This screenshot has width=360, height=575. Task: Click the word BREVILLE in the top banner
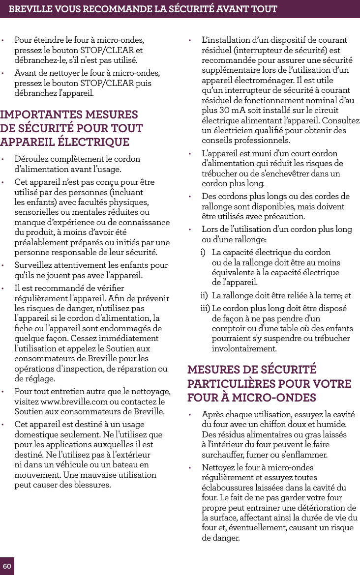click(30, 9)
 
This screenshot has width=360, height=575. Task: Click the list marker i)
click(203, 252)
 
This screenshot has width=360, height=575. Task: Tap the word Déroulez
click(32, 159)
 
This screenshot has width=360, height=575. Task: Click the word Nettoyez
click(219, 467)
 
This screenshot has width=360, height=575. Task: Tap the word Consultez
click(341, 120)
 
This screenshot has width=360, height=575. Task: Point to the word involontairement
click(243, 349)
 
